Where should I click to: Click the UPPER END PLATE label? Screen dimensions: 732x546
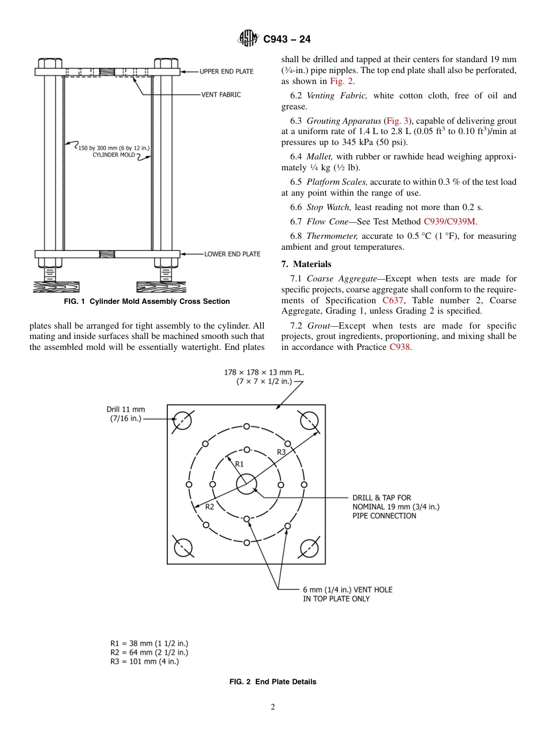pyautogui.click(x=226, y=71)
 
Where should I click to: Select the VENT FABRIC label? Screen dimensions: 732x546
pyautogui.click(x=221, y=94)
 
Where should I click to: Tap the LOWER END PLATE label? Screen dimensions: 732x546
pyautogui.click(x=232, y=254)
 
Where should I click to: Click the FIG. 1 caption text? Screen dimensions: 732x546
pyautogui.click(x=147, y=302)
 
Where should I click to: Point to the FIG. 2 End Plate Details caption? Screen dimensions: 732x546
pyautogui.click(x=272, y=682)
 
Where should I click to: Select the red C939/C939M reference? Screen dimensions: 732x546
pyautogui.click(x=449, y=222)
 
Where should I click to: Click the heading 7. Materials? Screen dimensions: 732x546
pyautogui.click(x=306, y=264)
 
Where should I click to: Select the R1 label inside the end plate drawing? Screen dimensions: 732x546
pyautogui.click(x=240, y=463)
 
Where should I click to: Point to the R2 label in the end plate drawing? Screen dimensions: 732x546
pyautogui.click(x=210, y=506)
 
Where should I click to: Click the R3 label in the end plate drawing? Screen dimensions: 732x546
pyautogui.click(x=281, y=452)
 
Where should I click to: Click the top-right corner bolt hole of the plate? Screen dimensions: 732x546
pyautogui.click(x=309, y=421)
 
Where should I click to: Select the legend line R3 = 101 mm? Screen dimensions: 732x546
pyautogui.click(x=144, y=662)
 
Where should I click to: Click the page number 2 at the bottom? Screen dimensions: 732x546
pyautogui.click(x=273, y=707)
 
